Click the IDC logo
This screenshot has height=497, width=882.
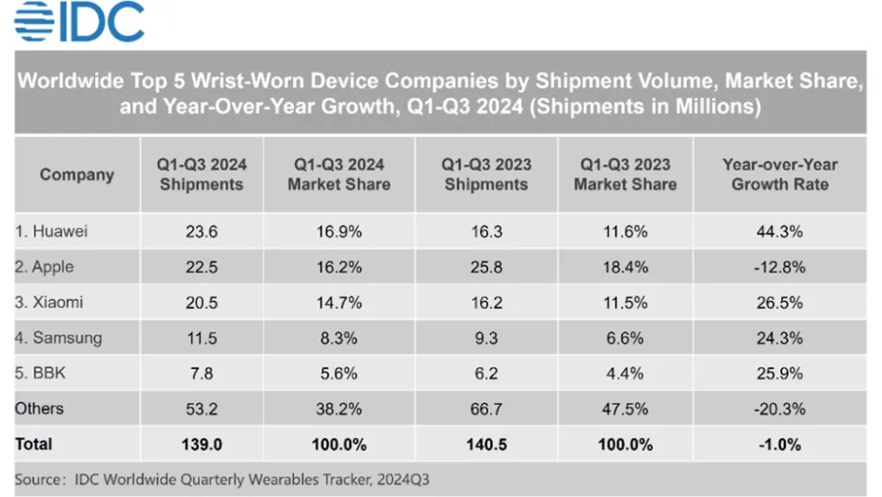coord(79,21)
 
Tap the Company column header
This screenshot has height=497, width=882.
coord(77,174)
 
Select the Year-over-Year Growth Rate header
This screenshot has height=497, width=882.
coord(780,174)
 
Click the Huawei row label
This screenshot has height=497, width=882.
coord(51,231)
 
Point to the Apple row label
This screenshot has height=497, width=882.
coord(44,267)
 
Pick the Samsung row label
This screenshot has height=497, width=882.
coord(59,338)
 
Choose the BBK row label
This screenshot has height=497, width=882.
coord(40,373)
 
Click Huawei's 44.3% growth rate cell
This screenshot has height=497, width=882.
coord(780,231)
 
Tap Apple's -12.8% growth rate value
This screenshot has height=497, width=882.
coord(780,267)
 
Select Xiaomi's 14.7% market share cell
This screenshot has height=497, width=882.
coord(339,302)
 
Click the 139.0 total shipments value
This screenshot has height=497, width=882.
coord(201,444)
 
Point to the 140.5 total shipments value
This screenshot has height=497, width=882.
coord(486,444)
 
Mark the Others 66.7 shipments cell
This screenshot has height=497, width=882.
coord(486,409)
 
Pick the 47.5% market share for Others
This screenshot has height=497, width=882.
coord(625,409)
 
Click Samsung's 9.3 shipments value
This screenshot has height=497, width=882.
coord(486,338)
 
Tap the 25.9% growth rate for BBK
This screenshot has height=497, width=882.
coord(780,373)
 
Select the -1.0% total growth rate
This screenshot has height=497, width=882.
coord(780,444)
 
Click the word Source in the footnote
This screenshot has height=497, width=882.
coord(38,479)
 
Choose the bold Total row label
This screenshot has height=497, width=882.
coord(33,444)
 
